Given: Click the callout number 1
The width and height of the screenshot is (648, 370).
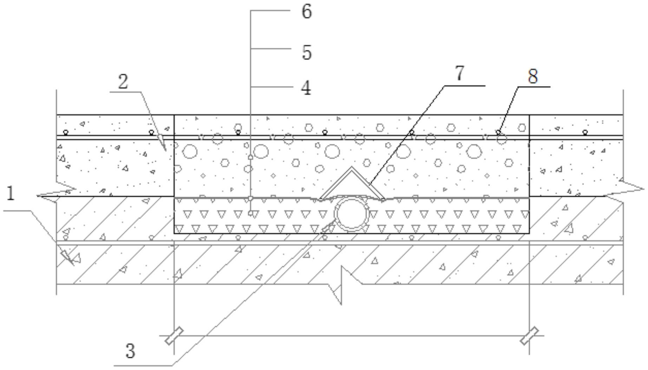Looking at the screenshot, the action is pyautogui.click(x=11, y=193).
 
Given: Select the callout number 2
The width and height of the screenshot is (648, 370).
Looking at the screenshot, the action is pyautogui.click(x=123, y=82).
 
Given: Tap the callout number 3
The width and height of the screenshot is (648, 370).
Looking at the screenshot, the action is pyautogui.click(x=130, y=350).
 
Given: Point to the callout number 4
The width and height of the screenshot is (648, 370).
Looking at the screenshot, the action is pyautogui.click(x=306, y=88).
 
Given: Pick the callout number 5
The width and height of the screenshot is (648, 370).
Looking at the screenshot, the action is pyautogui.click(x=307, y=52).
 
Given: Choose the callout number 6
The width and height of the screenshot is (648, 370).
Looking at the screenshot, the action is pyautogui.click(x=307, y=11).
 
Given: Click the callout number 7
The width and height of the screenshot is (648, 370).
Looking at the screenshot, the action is pyautogui.click(x=460, y=73).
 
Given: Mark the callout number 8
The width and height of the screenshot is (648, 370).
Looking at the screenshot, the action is pyautogui.click(x=533, y=76).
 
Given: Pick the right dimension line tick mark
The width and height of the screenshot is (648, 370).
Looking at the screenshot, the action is pyautogui.click(x=529, y=336).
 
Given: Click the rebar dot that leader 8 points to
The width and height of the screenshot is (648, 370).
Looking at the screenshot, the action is pyautogui.click(x=498, y=132).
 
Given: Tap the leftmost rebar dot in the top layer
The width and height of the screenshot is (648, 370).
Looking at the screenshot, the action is pyautogui.click(x=65, y=132).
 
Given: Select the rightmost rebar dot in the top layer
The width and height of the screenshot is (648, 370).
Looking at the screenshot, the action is pyautogui.click(x=585, y=132).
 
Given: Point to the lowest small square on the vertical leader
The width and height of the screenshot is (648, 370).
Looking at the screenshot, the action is pyautogui.click(x=250, y=213).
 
